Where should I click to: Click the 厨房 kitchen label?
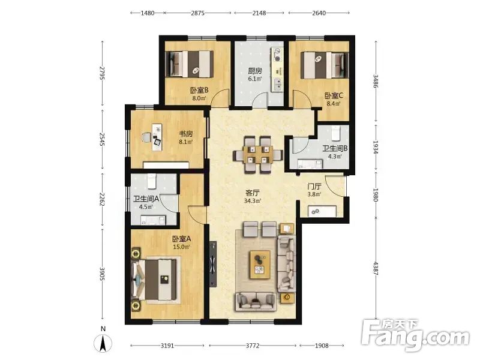click(x=254, y=71)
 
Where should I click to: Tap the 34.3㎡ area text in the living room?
click(x=253, y=201)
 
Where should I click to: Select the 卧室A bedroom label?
click(x=182, y=239)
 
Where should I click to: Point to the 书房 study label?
click(x=186, y=134)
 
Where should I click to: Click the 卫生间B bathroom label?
click(x=335, y=148)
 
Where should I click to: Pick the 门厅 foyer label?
click(x=314, y=187)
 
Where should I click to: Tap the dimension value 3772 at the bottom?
click(x=253, y=346)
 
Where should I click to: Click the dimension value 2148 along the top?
click(x=259, y=13)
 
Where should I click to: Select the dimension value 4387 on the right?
click(x=376, y=268)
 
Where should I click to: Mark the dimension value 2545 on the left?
click(x=103, y=139)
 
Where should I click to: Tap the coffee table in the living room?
click(x=260, y=265)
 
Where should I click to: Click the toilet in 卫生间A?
click(x=151, y=181)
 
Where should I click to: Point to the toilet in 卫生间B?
click(x=335, y=132)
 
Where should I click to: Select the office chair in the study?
click(x=146, y=137)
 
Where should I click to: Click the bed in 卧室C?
click(x=325, y=65)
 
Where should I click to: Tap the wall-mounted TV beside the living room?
click(x=213, y=264)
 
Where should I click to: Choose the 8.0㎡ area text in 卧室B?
click(x=199, y=98)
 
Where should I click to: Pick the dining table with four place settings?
click(x=258, y=155)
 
